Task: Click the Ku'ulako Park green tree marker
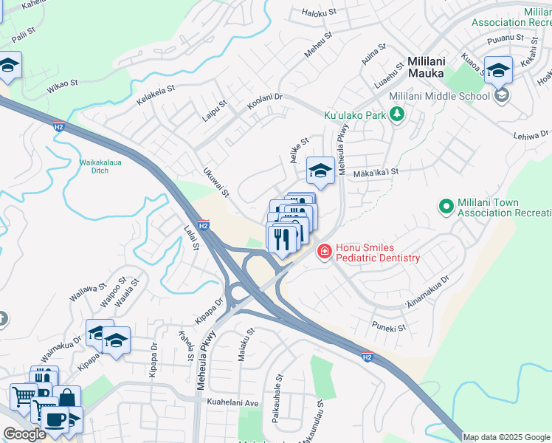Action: tap(397, 114)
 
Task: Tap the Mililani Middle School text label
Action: tap(439, 96)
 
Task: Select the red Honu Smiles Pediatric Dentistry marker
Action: tap(323, 253)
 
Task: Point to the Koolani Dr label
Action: tap(265, 103)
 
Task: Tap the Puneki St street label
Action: tap(390, 326)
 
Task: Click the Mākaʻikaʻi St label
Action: tap(376, 171)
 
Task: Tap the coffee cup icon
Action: tap(54, 419)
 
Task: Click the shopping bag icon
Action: tap(66, 398)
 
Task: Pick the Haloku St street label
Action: tap(319, 13)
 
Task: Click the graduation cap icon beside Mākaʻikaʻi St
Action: tap(320, 171)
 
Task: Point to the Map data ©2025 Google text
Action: tap(506, 437)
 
